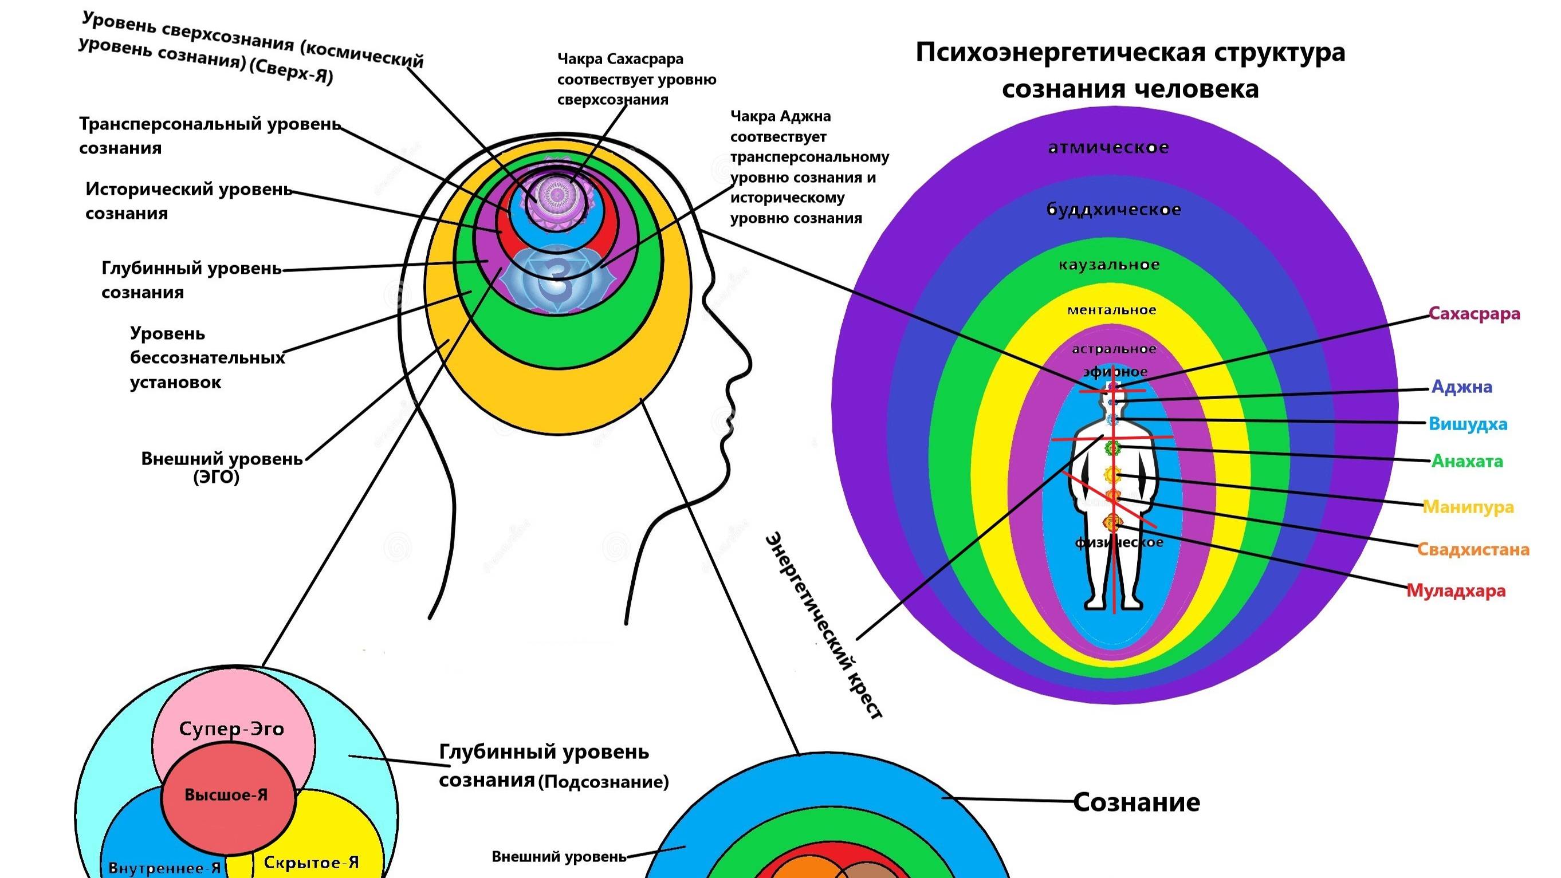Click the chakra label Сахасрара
point(1474,314)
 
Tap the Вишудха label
point(1468,424)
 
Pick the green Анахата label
point(1466,461)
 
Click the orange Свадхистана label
point(1473,550)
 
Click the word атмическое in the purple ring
point(1108,148)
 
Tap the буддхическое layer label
point(1114,210)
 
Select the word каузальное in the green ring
point(1109,265)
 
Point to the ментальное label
point(1111,310)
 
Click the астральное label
point(1114,349)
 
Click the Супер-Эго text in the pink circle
point(231,729)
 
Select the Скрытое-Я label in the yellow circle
point(311,862)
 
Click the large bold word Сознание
point(1136,802)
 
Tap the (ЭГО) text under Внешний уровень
point(217,478)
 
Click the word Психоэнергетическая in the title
point(1060,53)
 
